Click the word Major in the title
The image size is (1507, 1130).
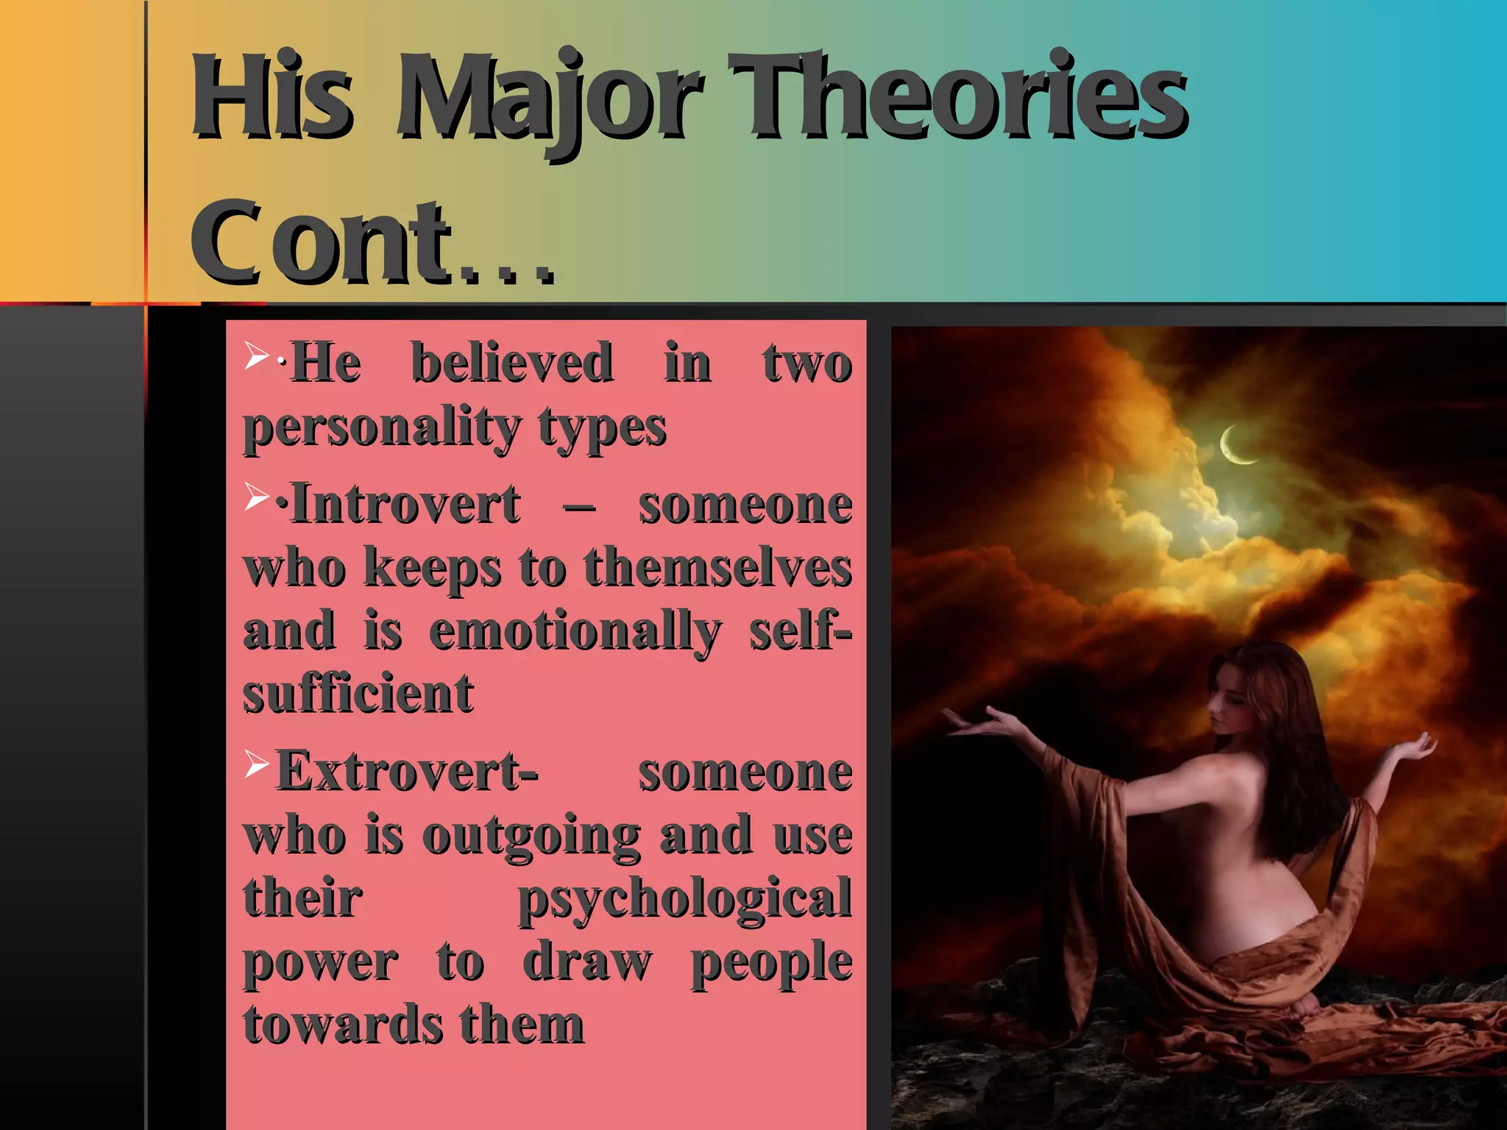point(548,99)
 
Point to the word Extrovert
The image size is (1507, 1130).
point(407,772)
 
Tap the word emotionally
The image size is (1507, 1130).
point(575,631)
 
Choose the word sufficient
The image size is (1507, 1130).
point(358,694)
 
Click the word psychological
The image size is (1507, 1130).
point(684,899)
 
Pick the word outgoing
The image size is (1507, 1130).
point(531,836)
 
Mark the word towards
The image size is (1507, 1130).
point(343,1025)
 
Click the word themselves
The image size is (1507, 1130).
point(717,568)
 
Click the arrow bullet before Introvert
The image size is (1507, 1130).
point(257,497)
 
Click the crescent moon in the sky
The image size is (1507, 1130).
point(1236,446)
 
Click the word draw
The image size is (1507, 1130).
point(586,962)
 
